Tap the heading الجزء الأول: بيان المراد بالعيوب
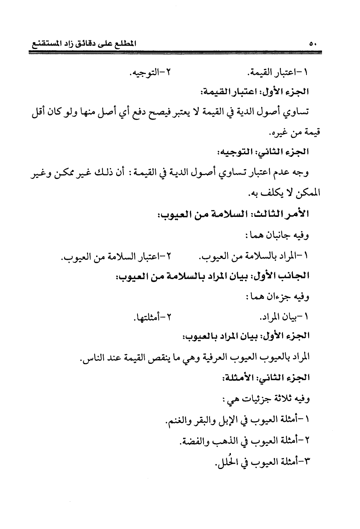(x=247, y=336)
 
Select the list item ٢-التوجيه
(x=150, y=71)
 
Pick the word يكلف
(x=270, y=194)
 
